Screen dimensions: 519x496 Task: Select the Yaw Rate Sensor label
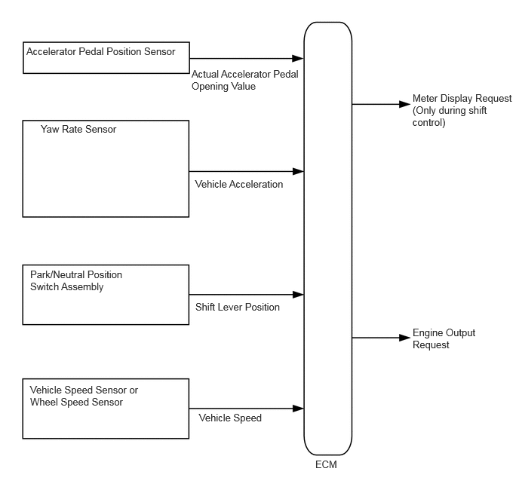[x=78, y=130]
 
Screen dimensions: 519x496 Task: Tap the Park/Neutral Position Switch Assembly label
[x=76, y=280]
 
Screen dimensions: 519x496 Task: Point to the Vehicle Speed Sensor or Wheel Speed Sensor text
[x=84, y=396]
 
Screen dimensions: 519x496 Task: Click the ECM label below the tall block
[x=326, y=464]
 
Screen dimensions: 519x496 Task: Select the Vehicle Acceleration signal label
[x=239, y=184]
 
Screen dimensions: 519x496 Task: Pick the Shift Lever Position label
[x=238, y=308]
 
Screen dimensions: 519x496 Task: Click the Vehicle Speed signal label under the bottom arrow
[x=230, y=418]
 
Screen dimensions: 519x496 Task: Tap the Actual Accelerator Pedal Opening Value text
[x=245, y=81]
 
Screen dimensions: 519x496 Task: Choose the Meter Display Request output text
[x=462, y=111]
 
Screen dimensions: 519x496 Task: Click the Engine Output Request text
[x=444, y=338]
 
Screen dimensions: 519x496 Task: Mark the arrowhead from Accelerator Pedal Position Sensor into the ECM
[x=298, y=59]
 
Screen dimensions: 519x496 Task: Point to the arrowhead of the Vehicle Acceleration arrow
[x=298, y=171]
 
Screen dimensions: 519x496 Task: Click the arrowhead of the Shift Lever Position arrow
[x=298, y=294]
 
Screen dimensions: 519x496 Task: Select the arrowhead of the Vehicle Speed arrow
[x=298, y=409]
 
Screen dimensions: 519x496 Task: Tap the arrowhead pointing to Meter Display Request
[x=405, y=104]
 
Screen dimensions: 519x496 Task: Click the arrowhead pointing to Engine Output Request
[x=405, y=338]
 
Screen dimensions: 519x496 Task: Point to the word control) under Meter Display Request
[x=429, y=123]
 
